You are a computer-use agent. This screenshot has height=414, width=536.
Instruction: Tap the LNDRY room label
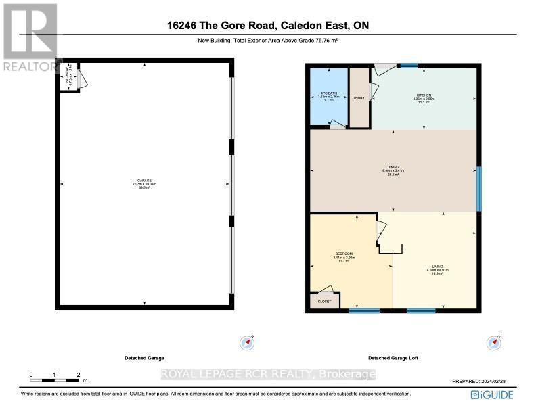coord(359,98)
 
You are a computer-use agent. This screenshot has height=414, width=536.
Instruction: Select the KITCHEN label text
coord(424,95)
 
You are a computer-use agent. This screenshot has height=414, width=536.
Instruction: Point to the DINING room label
coord(393,166)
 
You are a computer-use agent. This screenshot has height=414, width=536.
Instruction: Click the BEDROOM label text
coord(344,254)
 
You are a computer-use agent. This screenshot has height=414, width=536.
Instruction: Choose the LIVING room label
coord(438,267)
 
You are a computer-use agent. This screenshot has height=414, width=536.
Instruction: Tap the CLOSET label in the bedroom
coord(324,301)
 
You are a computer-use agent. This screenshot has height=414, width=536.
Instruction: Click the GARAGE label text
coord(144,181)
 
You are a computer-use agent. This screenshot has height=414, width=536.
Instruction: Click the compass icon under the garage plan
coord(248,343)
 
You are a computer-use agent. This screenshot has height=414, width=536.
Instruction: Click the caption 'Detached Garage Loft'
coord(393,357)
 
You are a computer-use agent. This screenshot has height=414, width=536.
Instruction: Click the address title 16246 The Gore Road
coord(268,26)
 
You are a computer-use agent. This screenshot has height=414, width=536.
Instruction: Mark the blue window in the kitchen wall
coord(408,66)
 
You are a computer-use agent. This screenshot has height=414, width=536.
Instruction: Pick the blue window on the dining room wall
coord(479,189)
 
